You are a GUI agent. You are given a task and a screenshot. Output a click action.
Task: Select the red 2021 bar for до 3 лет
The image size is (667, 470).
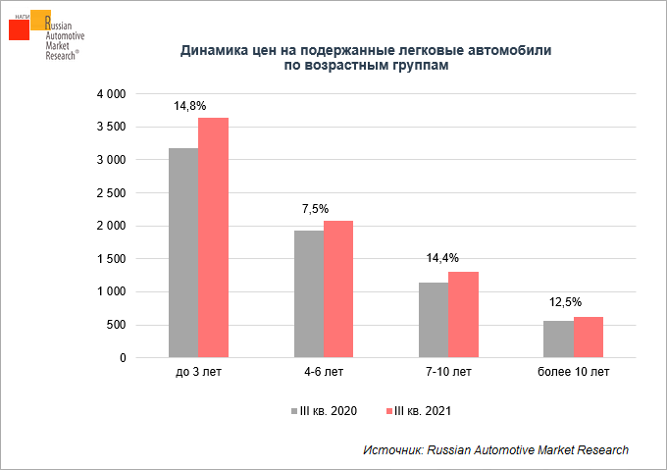[x=213, y=237]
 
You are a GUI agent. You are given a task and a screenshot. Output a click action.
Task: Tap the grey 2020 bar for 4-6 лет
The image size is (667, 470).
[x=308, y=293]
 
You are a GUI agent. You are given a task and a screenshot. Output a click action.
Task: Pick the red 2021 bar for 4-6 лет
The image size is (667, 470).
[x=338, y=288]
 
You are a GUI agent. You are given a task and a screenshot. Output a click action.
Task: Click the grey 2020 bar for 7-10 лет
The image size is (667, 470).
[x=434, y=320]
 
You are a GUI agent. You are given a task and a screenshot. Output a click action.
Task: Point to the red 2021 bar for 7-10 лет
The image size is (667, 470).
[x=463, y=314]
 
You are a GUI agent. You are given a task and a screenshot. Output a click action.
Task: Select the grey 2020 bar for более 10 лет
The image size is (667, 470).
[x=558, y=339]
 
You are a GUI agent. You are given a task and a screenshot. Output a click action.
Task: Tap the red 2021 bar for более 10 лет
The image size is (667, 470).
[x=589, y=337]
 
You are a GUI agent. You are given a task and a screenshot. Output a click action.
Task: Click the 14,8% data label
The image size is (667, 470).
[x=189, y=105]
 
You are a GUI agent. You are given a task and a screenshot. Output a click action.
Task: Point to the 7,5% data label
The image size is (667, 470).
[x=315, y=209]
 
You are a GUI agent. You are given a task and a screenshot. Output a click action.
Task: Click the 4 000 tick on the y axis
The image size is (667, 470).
[x=112, y=94]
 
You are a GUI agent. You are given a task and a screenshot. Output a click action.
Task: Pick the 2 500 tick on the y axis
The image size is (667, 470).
[x=112, y=193]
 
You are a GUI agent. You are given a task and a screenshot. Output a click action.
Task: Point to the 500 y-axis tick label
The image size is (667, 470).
[x=117, y=325]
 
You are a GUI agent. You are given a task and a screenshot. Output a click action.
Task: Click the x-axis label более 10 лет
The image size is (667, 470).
[x=573, y=373]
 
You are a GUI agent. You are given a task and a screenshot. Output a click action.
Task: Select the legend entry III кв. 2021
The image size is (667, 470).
[x=421, y=410]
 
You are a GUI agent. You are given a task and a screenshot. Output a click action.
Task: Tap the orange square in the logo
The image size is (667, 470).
[x=41, y=20]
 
